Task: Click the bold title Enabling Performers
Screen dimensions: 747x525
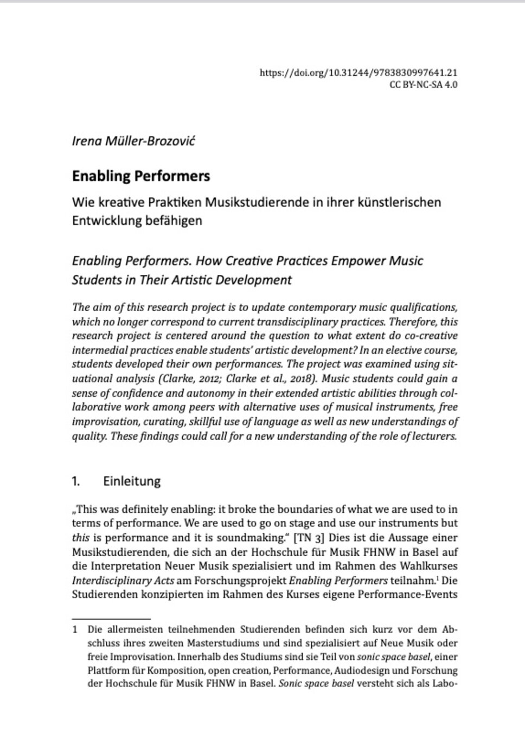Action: (x=141, y=176)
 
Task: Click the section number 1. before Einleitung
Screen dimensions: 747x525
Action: (x=76, y=481)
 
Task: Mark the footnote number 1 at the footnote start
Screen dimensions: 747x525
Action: (x=75, y=630)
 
